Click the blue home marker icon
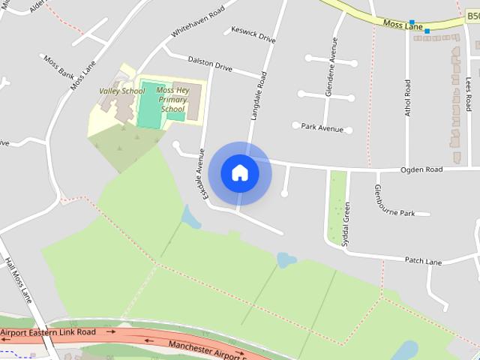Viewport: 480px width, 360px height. pyautogui.click(x=239, y=172)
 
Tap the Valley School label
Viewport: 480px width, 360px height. pyautogui.click(x=121, y=91)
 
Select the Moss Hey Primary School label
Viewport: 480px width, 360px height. pyautogui.click(x=172, y=99)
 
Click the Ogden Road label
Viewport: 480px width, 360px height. pyautogui.click(x=421, y=169)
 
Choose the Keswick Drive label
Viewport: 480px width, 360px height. pyautogui.click(x=254, y=34)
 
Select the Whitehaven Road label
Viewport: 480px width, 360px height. pyautogui.click(x=198, y=19)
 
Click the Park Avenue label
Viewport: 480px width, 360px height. pyautogui.click(x=322, y=127)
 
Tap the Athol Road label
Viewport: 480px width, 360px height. pyautogui.click(x=408, y=98)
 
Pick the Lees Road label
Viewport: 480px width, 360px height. pyautogui.click(x=469, y=94)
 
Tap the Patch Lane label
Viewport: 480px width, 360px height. pyautogui.click(x=423, y=260)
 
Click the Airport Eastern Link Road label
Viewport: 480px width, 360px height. pyautogui.click(x=48, y=331)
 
